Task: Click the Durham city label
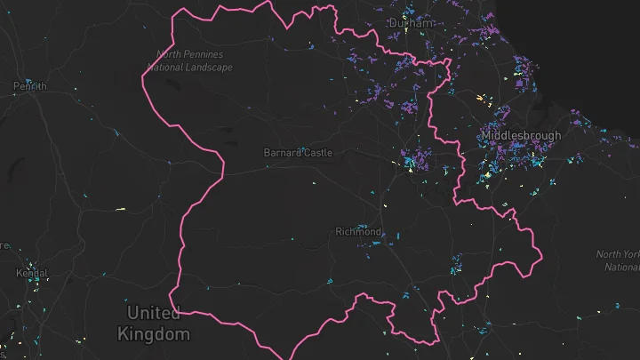click(x=412, y=23)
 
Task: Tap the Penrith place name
click(x=29, y=86)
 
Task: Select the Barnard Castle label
click(x=298, y=153)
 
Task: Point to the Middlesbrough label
click(x=521, y=136)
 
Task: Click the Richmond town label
click(x=358, y=232)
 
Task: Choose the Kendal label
click(x=32, y=273)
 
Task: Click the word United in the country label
click(x=153, y=313)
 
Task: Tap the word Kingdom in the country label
click(x=153, y=334)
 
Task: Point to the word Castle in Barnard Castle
click(x=316, y=153)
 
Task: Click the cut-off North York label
click(x=619, y=255)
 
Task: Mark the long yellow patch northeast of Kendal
click(x=120, y=210)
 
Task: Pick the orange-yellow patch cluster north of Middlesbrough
click(x=481, y=97)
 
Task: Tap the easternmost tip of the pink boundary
click(x=541, y=253)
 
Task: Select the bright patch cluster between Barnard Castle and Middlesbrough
click(x=410, y=164)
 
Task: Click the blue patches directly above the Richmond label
click(x=361, y=225)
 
